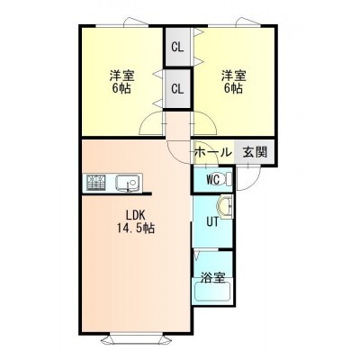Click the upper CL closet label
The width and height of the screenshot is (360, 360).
pyautogui.click(x=177, y=47)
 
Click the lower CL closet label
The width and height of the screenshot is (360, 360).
pyautogui.click(x=177, y=89)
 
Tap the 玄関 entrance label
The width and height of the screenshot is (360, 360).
pyautogui.click(x=255, y=152)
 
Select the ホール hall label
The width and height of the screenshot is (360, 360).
pyautogui.click(x=213, y=152)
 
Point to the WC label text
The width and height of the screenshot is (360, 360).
pyautogui.click(x=213, y=180)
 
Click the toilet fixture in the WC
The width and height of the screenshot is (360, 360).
pyautogui.click(x=227, y=179)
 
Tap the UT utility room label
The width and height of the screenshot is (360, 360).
pyautogui.click(x=212, y=222)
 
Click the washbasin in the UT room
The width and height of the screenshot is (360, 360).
pyautogui.click(x=225, y=207)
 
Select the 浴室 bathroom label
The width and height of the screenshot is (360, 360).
pyautogui.click(x=212, y=277)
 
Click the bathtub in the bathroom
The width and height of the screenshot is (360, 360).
pyautogui.click(x=212, y=292)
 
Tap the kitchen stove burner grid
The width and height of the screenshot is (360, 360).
pyautogui.click(x=96, y=183)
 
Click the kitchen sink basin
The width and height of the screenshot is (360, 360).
pyautogui.click(x=127, y=183)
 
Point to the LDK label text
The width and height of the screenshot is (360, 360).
pyautogui.click(x=135, y=215)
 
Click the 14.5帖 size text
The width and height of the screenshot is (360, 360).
pyautogui.click(x=135, y=229)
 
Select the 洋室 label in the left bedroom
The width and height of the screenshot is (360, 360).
pyautogui.click(x=121, y=76)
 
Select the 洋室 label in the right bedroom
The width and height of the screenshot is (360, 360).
pyautogui.click(x=234, y=76)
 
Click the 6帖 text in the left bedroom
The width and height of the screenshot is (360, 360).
pyautogui.click(x=121, y=88)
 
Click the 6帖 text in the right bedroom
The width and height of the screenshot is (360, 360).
pyautogui.click(x=234, y=88)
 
